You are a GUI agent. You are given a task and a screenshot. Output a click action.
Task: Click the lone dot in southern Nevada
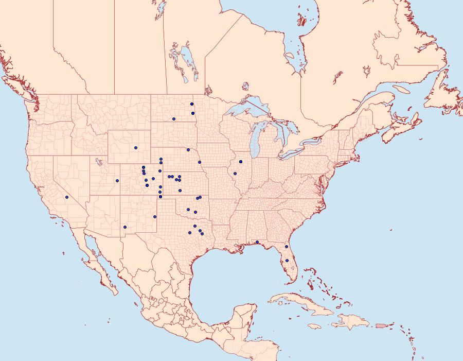point(67,197)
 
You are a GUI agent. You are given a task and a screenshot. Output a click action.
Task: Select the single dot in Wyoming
point(136,148)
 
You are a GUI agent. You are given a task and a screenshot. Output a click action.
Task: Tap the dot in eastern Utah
point(117,180)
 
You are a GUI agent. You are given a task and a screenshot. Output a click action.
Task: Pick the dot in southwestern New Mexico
point(125,227)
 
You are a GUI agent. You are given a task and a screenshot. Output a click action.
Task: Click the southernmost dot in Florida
point(287,261)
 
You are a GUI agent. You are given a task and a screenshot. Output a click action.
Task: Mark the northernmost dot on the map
point(192,104)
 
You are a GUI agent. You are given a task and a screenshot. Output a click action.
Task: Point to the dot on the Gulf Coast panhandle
point(257,242)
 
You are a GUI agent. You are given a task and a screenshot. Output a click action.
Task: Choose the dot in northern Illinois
point(240,162)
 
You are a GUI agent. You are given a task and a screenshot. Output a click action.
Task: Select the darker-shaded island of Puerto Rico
point(381,325)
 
